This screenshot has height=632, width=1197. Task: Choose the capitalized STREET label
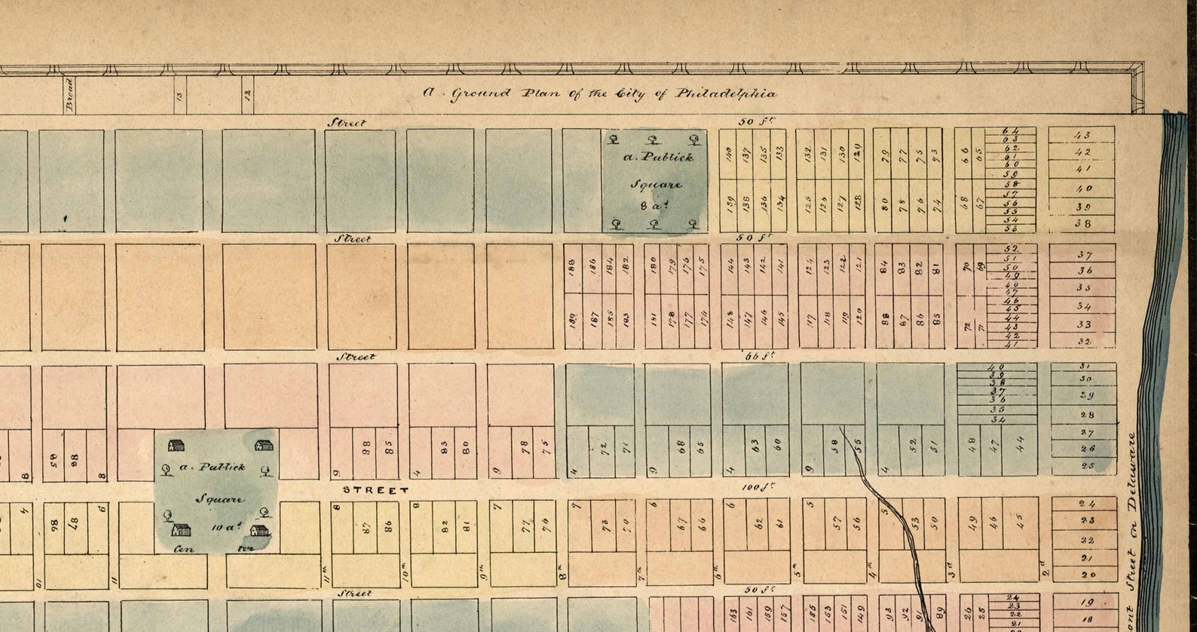pyautogui.click(x=375, y=489)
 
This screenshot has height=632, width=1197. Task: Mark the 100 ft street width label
pyautogui.click(x=754, y=488)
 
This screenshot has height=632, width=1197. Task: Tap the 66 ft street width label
pyautogui.click(x=754, y=356)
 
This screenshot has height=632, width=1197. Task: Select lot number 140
pyautogui.click(x=728, y=156)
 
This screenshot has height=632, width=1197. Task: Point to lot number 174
pyautogui.click(x=703, y=318)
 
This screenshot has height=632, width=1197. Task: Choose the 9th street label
pyautogui.click(x=482, y=577)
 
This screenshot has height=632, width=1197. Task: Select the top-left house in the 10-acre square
pyautogui.click(x=176, y=446)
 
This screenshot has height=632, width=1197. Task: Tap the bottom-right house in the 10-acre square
pyautogui.click(x=259, y=531)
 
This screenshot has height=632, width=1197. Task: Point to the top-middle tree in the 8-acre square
pyautogui.click(x=654, y=140)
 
